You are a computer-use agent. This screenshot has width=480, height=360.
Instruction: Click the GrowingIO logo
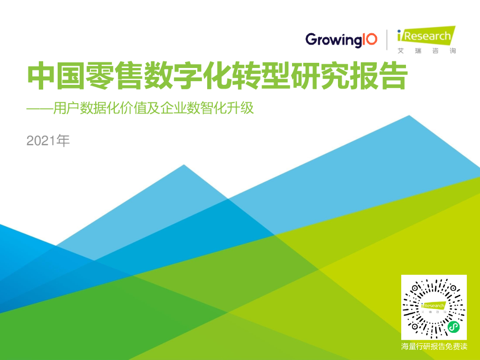pyautogui.click(x=341, y=39)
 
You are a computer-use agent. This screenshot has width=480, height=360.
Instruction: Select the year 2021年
pyautogui.click(x=48, y=141)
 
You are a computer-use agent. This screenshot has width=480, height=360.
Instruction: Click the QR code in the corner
pyautogui.click(x=434, y=307)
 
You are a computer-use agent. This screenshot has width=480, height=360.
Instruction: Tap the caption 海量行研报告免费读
pyautogui.click(x=434, y=347)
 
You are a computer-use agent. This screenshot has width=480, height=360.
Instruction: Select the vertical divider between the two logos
pyautogui.click(x=387, y=39)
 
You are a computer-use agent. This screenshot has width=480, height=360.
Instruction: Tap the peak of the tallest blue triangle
pyautogui.click(x=409, y=116)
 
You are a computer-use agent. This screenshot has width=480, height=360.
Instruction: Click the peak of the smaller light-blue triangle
pyautogui.click(x=184, y=165)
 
